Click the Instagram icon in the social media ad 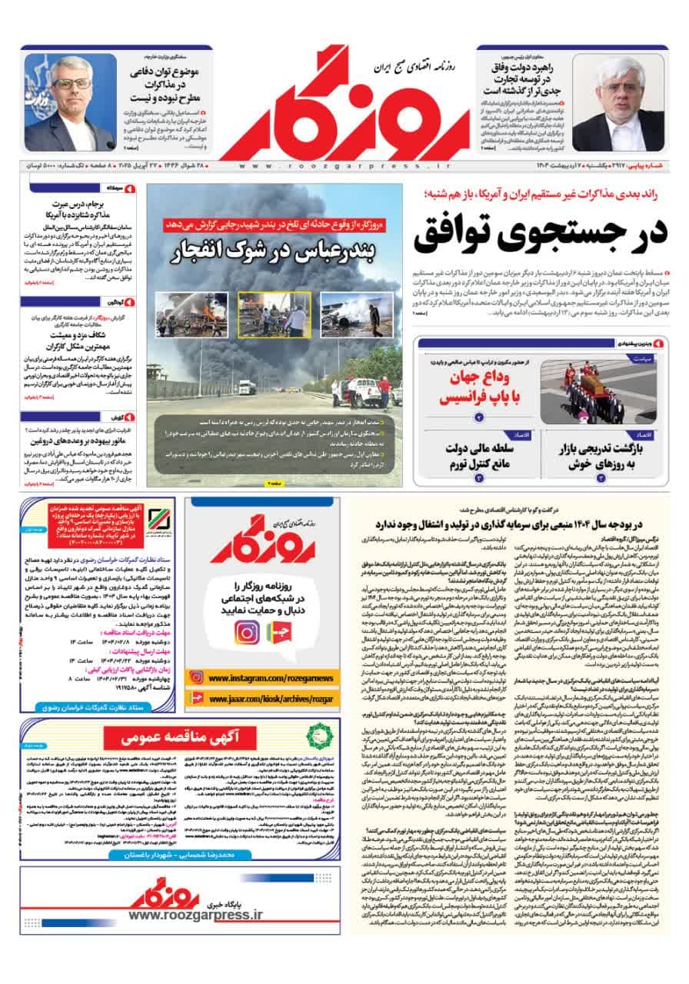247,632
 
